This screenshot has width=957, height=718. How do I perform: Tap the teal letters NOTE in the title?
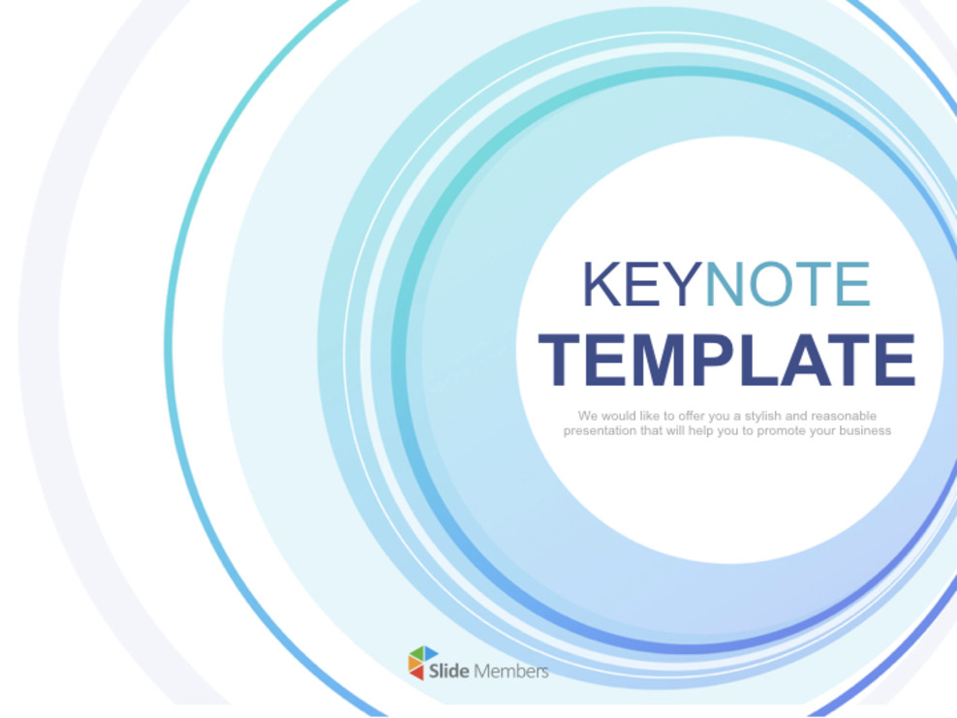(787, 284)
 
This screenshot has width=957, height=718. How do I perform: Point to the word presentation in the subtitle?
(600, 430)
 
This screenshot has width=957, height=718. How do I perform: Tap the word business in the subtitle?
(865, 430)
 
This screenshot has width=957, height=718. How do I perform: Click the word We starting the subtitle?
(587, 416)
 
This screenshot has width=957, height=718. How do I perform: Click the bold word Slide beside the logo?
(449, 671)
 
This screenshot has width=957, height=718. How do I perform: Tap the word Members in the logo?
(511, 671)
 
